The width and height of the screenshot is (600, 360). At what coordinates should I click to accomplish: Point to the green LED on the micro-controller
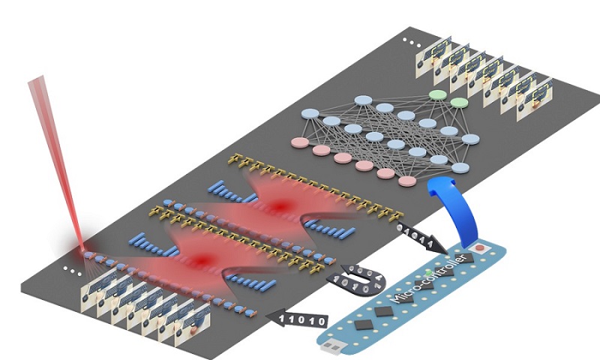pos(427,271)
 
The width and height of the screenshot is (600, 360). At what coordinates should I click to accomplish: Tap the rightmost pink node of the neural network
pos(407,181)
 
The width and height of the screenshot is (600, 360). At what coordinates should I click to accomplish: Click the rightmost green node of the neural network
pos(458,102)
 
